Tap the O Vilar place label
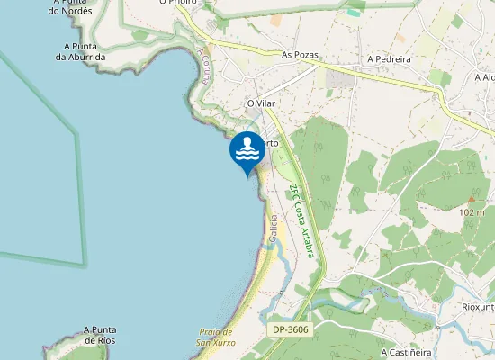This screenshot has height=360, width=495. tap(261, 104)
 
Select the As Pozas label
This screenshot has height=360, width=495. tap(301, 55)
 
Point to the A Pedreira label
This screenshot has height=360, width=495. tap(389, 59)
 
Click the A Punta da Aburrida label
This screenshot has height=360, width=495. tap(81, 51)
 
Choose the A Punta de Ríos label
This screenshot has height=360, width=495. tap(103, 336)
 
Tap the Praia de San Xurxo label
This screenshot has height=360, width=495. tap(216, 337)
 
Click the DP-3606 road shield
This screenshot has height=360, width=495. tap(290, 330)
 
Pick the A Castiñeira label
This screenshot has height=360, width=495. tap(409, 353)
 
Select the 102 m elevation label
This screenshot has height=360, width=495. tap(472, 212)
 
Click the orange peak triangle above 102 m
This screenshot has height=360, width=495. tap(471, 199)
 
